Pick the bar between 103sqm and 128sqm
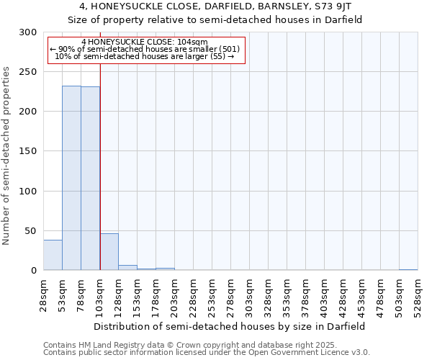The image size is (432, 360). (x=109, y=252)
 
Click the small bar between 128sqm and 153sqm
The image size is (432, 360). (x=127, y=267)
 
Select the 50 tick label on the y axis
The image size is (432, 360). (x=31, y=231)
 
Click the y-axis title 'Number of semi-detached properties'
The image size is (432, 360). (x=7, y=156)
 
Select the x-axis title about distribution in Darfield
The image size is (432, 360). (x=230, y=326)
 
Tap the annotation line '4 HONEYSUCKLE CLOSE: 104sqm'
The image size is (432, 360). (x=144, y=42)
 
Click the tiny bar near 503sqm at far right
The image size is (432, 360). (x=408, y=269)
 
